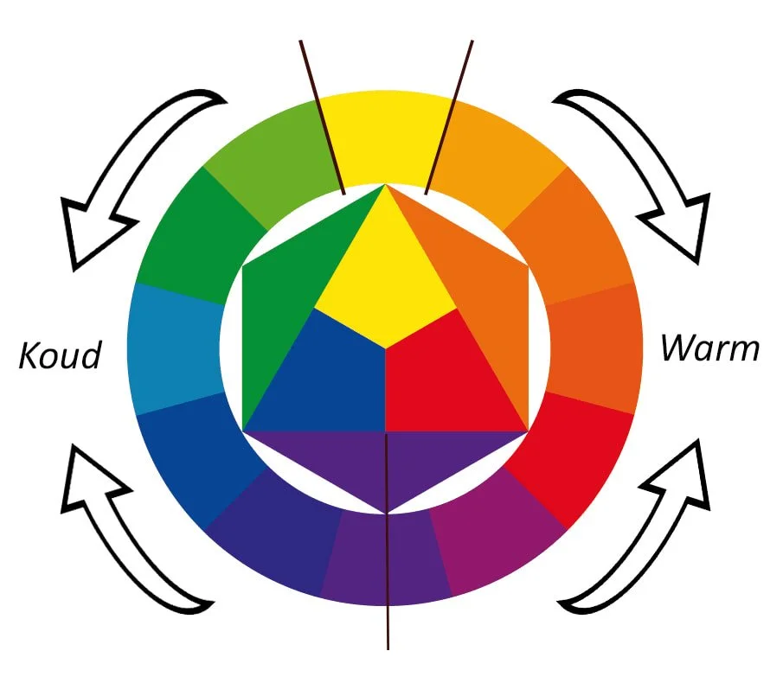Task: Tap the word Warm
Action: point(709,348)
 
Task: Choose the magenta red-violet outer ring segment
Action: point(497,540)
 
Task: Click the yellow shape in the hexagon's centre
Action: point(385,277)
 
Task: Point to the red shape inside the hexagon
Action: point(441,380)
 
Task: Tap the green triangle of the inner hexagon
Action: point(286,294)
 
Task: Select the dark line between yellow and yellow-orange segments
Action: point(450,112)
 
